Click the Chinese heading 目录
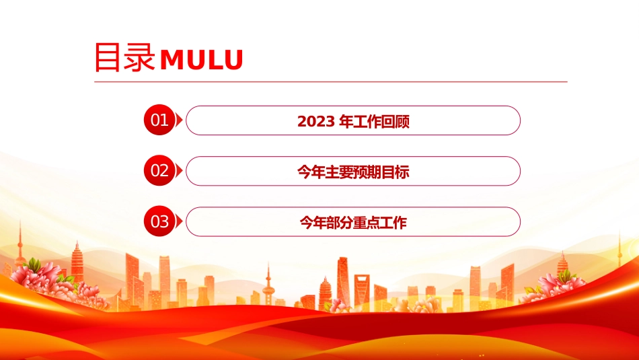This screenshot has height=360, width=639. tap(124, 57)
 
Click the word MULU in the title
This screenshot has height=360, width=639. tap(202, 60)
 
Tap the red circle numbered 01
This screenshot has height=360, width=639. tap(159, 120)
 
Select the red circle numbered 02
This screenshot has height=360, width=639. tap(159, 170)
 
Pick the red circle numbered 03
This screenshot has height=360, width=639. tap(159, 221)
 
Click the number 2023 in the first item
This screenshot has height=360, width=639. tap(316, 122)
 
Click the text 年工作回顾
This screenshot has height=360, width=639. tap(374, 122)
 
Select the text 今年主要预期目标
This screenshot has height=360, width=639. tap(353, 172)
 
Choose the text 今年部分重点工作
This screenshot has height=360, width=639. tap(353, 223)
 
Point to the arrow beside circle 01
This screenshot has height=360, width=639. tap(179, 120)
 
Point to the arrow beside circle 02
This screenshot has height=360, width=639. tap(179, 171)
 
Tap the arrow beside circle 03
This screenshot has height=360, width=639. tap(179, 222)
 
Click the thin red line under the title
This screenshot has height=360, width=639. tap(331, 82)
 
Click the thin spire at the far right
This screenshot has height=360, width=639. tap(619, 247)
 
